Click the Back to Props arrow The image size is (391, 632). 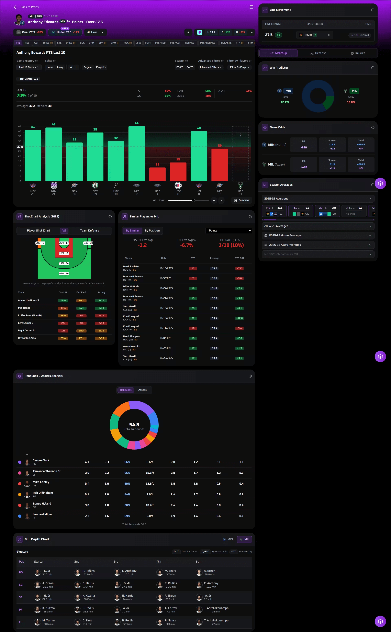click(16, 7)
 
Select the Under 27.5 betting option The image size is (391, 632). click(65, 32)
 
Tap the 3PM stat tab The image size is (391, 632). click(92, 43)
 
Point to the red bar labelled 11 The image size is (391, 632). click(157, 174)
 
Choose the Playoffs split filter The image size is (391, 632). click(101, 67)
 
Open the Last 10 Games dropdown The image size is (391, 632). click(29, 67)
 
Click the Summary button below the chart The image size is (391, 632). click(242, 200)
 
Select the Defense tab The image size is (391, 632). click(318, 53)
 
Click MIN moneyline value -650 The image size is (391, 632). click(304, 148)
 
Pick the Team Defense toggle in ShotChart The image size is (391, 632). click(89, 230)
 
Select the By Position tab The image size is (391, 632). click(152, 230)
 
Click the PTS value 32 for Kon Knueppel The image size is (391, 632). click(193, 318)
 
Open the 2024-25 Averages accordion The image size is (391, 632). click(318, 226)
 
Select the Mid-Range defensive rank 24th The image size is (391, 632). click(81, 308)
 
